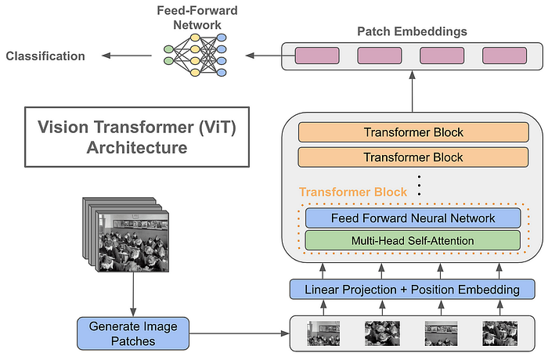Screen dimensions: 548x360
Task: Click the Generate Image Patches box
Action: (x=133, y=333)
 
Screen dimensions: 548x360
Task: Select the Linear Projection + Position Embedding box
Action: (x=413, y=290)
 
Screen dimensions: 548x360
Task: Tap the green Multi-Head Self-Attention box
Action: (x=413, y=240)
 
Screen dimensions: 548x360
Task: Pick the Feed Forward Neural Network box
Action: (x=413, y=218)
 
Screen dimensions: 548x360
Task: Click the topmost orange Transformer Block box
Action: (x=413, y=132)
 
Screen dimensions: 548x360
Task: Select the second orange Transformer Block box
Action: (x=413, y=157)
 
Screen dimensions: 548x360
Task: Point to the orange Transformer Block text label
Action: (x=353, y=192)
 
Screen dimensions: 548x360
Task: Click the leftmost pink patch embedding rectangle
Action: (x=317, y=56)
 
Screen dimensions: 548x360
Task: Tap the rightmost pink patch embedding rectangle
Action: (x=504, y=56)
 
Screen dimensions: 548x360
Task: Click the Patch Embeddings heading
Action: (x=412, y=31)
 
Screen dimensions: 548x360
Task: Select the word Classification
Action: (x=45, y=56)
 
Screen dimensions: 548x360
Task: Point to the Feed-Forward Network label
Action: (x=197, y=17)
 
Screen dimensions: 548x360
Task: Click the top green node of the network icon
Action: (x=169, y=49)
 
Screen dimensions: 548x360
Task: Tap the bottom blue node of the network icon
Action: (x=222, y=73)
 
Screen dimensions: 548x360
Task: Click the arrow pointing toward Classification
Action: (x=127, y=56)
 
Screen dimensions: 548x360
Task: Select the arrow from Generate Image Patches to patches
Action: (x=240, y=333)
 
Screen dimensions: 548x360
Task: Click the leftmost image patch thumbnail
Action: (x=323, y=334)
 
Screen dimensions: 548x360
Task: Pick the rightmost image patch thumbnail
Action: (x=500, y=334)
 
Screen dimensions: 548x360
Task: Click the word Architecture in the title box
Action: (x=137, y=147)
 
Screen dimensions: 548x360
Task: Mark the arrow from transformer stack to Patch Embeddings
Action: (x=413, y=92)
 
